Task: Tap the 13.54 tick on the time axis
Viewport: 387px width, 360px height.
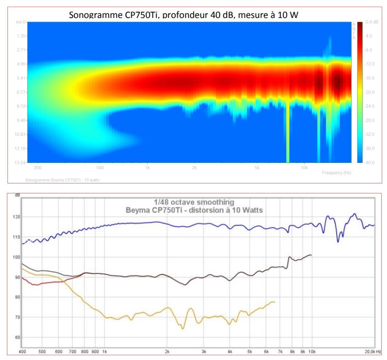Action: click(x=19, y=162)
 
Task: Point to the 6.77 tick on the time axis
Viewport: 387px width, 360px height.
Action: click(x=20, y=92)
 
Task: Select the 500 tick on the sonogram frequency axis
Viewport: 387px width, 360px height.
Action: click(x=100, y=168)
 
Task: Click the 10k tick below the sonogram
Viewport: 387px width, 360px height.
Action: click(x=304, y=168)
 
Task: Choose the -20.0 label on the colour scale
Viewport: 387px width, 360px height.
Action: click(x=369, y=92)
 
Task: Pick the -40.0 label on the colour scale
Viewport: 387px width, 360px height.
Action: click(x=369, y=162)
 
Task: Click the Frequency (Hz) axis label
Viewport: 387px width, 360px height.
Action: click(x=336, y=173)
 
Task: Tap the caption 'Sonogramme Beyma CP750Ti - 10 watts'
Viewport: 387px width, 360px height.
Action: click(x=62, y=180)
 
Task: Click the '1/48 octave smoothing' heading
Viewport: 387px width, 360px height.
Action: click(x=194, y=202)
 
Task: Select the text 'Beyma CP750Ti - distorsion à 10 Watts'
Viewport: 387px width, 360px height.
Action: click(x=194, y=210)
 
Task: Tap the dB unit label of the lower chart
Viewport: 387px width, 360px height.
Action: click(x=17, y=195)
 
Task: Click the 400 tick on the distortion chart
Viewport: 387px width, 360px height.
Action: click(x=22, y=351)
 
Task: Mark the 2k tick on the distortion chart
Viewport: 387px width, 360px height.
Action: click(x=167, y=351)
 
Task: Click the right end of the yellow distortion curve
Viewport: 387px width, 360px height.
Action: click(x=275, y=302)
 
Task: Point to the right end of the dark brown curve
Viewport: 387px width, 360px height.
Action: click(x=312, y=255)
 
